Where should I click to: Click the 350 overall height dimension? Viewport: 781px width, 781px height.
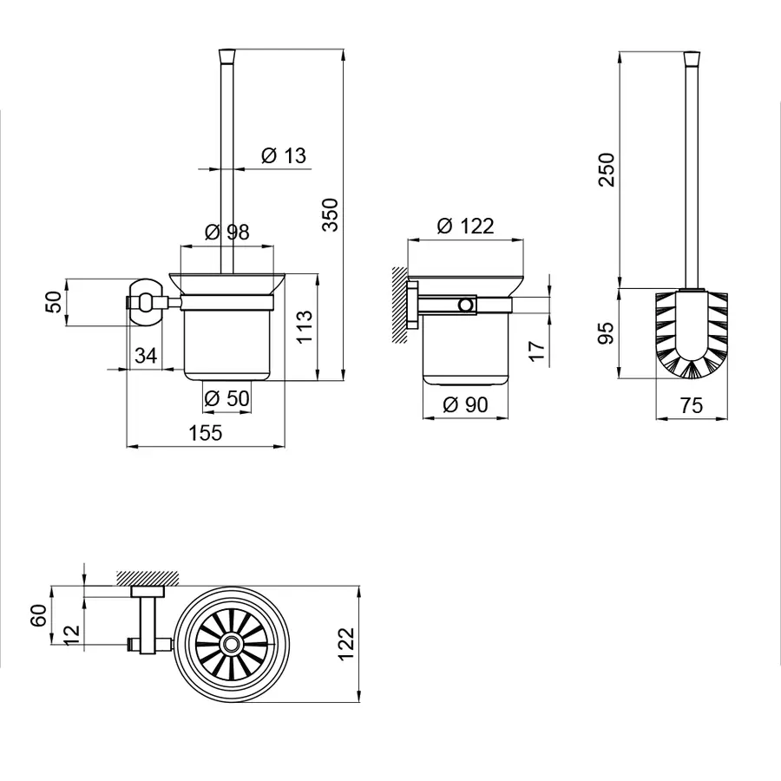(x=331, y=214)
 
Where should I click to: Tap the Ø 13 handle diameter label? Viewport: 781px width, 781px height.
(x=284, y=155)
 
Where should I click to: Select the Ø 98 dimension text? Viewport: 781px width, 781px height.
(x=227, y=232)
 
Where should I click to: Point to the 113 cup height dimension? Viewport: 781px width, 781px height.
(x=305, y=326)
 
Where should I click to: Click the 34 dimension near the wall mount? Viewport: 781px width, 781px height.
(x=146, y=356)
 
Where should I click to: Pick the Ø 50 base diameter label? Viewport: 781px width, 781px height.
(x=227, y=398)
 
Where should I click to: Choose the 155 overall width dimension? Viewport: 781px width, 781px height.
(x=205, y=433)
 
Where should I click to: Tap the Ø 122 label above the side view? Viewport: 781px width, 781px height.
(x=465, y=226)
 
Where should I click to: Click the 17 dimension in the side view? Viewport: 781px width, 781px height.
(x=537, y=351)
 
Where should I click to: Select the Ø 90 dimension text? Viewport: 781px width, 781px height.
(x=465, y=404)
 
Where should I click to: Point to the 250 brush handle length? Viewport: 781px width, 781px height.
(x=607, y=170)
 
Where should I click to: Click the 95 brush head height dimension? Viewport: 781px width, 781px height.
(x=607, y=333)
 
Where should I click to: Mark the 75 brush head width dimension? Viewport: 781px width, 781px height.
(x=692, y=405)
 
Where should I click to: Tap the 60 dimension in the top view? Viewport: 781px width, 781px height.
(x=39, y=615)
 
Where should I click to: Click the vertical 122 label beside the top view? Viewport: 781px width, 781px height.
(x=345, y=644)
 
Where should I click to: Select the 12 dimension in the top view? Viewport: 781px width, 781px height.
(x=72, y=635)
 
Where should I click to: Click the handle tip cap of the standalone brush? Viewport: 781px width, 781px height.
(x=692, y=58)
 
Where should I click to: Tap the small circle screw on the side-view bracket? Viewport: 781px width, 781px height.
(x=466, y=305)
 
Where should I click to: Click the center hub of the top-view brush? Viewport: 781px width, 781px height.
(x=230, y=644)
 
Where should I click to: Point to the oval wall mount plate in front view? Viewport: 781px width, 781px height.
(x=146, y=302)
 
